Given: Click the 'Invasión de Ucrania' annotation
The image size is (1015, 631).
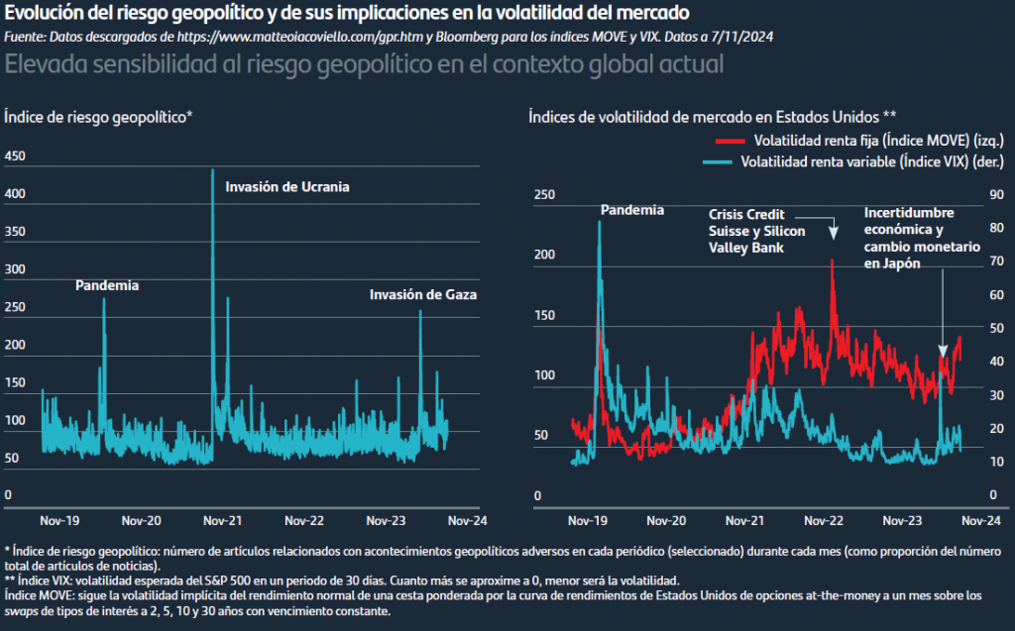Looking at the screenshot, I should tap(287, 186).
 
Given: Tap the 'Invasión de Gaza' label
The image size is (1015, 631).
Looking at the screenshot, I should tap(423, 295).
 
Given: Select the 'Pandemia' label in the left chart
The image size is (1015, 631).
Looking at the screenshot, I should tap(107, 286).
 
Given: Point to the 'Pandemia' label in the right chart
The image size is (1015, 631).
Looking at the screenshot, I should tap(632, 210).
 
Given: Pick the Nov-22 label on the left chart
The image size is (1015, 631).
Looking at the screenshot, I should tap(303, 520).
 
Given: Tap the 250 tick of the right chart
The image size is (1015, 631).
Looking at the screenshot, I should tap(544, 195).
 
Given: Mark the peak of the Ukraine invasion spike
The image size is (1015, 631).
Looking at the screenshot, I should tap(212, 170).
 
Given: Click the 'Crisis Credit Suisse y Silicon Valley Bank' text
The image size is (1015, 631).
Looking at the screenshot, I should tap(756, 231).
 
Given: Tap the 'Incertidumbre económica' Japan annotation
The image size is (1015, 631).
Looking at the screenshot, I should tap(922, 238).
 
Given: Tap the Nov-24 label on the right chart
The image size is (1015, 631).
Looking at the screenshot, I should tap(979, 520).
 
